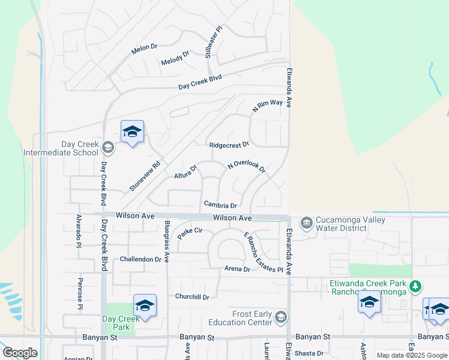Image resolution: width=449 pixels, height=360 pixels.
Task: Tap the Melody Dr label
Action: click(175, 62)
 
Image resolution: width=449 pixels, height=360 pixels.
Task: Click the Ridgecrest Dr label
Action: click(229, 145)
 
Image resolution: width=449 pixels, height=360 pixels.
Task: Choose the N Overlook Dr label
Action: click(246, 167)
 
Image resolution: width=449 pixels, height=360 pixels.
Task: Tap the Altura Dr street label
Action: click(185, 173)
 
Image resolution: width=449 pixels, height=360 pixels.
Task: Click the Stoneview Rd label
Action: click(145, 176)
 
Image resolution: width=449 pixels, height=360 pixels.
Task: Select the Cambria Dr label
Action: click(220, 205)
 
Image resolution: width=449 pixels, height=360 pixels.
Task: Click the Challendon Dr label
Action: click(141, 259)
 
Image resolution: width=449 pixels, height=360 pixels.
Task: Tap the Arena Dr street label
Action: click(237, 269)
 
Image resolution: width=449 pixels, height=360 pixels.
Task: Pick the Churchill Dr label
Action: click(192, 296)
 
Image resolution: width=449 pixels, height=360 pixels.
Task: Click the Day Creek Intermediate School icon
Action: click(108, 148)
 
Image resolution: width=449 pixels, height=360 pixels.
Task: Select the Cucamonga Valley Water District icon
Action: click(307, 224)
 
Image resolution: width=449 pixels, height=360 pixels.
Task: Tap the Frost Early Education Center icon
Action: click(280, 317)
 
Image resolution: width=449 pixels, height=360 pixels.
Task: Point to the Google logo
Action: click(20, 353)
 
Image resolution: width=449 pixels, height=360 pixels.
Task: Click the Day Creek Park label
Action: click(116, 323)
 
